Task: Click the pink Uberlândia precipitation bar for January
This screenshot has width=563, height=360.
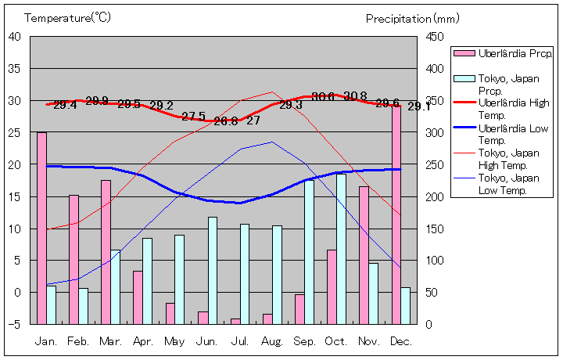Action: click(x=41, y=228)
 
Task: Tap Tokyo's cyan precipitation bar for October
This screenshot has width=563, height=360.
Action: click(x=341, y=249)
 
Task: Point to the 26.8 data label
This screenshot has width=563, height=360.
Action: click(x=225, y=121)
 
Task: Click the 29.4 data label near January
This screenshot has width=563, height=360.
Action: click(x=65, y=105)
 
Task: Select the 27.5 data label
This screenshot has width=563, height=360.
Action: click(x=193, y=117)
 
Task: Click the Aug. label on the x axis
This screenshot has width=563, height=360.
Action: click(x=272, y=341)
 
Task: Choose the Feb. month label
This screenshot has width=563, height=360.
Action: click(x=78, y=341)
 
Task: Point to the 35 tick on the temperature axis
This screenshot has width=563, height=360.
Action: click(x=15, y=68)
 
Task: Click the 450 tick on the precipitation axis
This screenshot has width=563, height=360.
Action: click(x=436, y=36)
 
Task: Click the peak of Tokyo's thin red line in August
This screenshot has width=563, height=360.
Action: click(x=272, y=92)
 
